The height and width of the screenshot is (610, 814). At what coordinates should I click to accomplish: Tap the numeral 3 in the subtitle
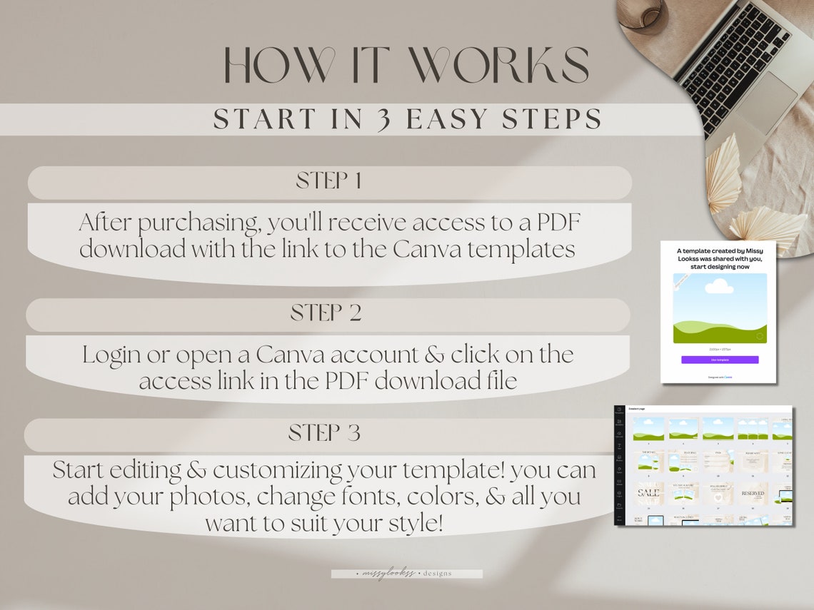pyautogui.click(x=384, y=120)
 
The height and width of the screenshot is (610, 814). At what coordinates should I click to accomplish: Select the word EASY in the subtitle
pyautogui.click(x=450, y=120)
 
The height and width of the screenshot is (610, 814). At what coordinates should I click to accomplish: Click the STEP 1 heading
pyautogui.click(x=328, y=181)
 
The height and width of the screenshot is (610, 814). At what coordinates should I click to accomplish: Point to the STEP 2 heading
pyautogui.click(x=326, y=313)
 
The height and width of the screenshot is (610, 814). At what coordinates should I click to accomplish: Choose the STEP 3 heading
pyautogui.click(x=324, y=433)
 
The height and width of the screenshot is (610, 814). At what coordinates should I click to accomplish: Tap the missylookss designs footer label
pyautogui.click(x=406, y=573)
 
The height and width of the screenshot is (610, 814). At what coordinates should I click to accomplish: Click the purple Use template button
pyautogui.click(x=719, y=360)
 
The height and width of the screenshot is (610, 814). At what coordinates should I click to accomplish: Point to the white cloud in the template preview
pyautogui.click(x=719, y=287)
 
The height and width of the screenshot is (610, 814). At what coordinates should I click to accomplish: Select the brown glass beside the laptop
pyautogui.click(x=643, y=13)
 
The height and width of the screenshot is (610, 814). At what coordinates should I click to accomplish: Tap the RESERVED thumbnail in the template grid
pyautogui.click(x=754, y=494)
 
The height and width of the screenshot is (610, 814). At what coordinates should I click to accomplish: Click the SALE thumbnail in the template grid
pyautogui.click(x=648, y=494)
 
